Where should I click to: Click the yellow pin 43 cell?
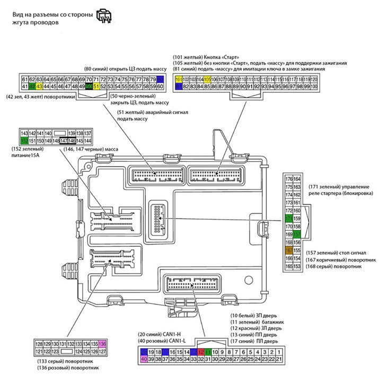pos(39,86)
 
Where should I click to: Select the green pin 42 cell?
pos(32,86)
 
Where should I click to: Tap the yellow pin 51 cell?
pos(96,86)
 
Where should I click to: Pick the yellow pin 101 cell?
pos(179,79)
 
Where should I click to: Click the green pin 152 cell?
pos(24,141)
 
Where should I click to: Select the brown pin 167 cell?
pos(289,250)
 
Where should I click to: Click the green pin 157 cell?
pos(297,234)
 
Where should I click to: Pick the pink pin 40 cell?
pos(144,359)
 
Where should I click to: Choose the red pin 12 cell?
pos(200,352)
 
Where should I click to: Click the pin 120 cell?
pos(314,79)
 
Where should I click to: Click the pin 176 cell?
pos(289,179)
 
